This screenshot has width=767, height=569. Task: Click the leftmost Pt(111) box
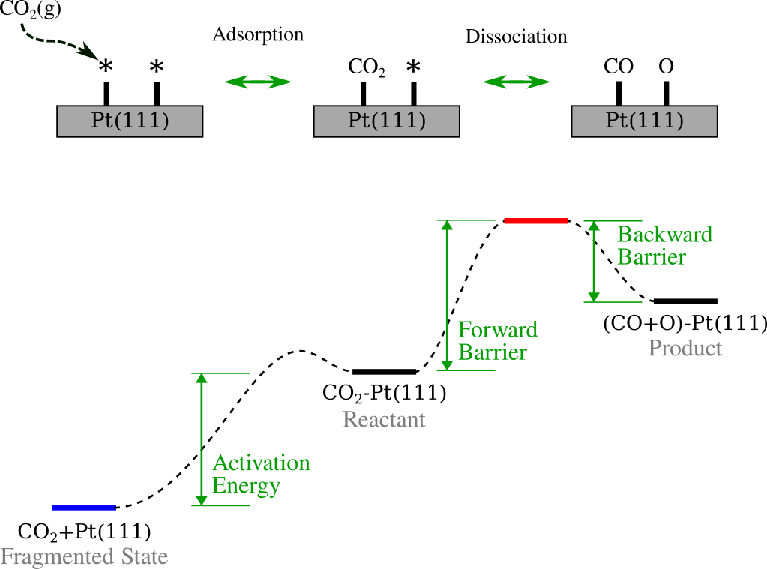[130, 121]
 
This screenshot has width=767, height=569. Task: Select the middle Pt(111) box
[386, 121]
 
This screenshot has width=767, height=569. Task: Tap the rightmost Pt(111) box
[644, 121]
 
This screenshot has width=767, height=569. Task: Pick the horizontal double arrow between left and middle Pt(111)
[258, 82]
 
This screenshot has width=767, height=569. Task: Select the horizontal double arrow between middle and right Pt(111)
[516, 82]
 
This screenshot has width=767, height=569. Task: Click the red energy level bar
[535, 220]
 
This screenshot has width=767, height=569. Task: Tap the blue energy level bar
[84, 508]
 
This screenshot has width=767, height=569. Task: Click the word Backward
[664, 235]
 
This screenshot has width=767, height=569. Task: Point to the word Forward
[498, 330]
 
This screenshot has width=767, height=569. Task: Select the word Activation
[261, 463]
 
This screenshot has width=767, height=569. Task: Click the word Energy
[246, 486]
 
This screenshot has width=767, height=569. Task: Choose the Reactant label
[384, 419]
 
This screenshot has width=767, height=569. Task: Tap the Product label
[685, 348]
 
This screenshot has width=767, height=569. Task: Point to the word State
[144, 557]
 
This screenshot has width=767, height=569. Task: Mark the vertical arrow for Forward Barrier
[447, 295]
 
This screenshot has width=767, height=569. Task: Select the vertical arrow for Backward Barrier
[594, 261]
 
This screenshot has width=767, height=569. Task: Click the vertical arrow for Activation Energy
[201, 439]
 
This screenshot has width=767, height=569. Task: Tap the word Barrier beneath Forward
[493, 352]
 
